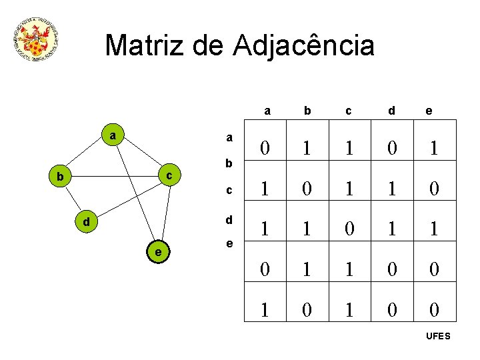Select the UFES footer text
pos(438,336)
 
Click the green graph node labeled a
pos(113,135)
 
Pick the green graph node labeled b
pos(60,177)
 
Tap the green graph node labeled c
pos(169,175)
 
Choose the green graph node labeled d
pos(86,221)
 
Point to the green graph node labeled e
pos(157,251)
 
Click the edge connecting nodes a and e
pos(135,193)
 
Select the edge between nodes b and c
pos(115,177)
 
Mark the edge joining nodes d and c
pos(127,198)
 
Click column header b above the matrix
pos(307,111)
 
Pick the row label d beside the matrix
pos(229,219)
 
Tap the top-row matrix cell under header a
pos(266,147)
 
